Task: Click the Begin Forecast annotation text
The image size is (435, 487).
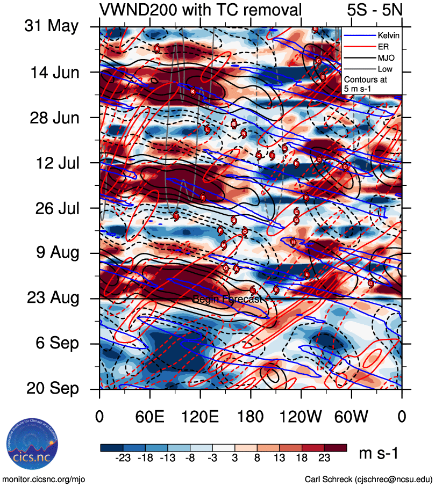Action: click(x=227, y=299)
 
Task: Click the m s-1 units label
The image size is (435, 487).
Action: click(x=379, y=454)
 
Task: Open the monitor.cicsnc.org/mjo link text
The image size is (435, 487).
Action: click(x=44, y=479)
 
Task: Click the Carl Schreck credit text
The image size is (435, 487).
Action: click(x=368, y=479)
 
